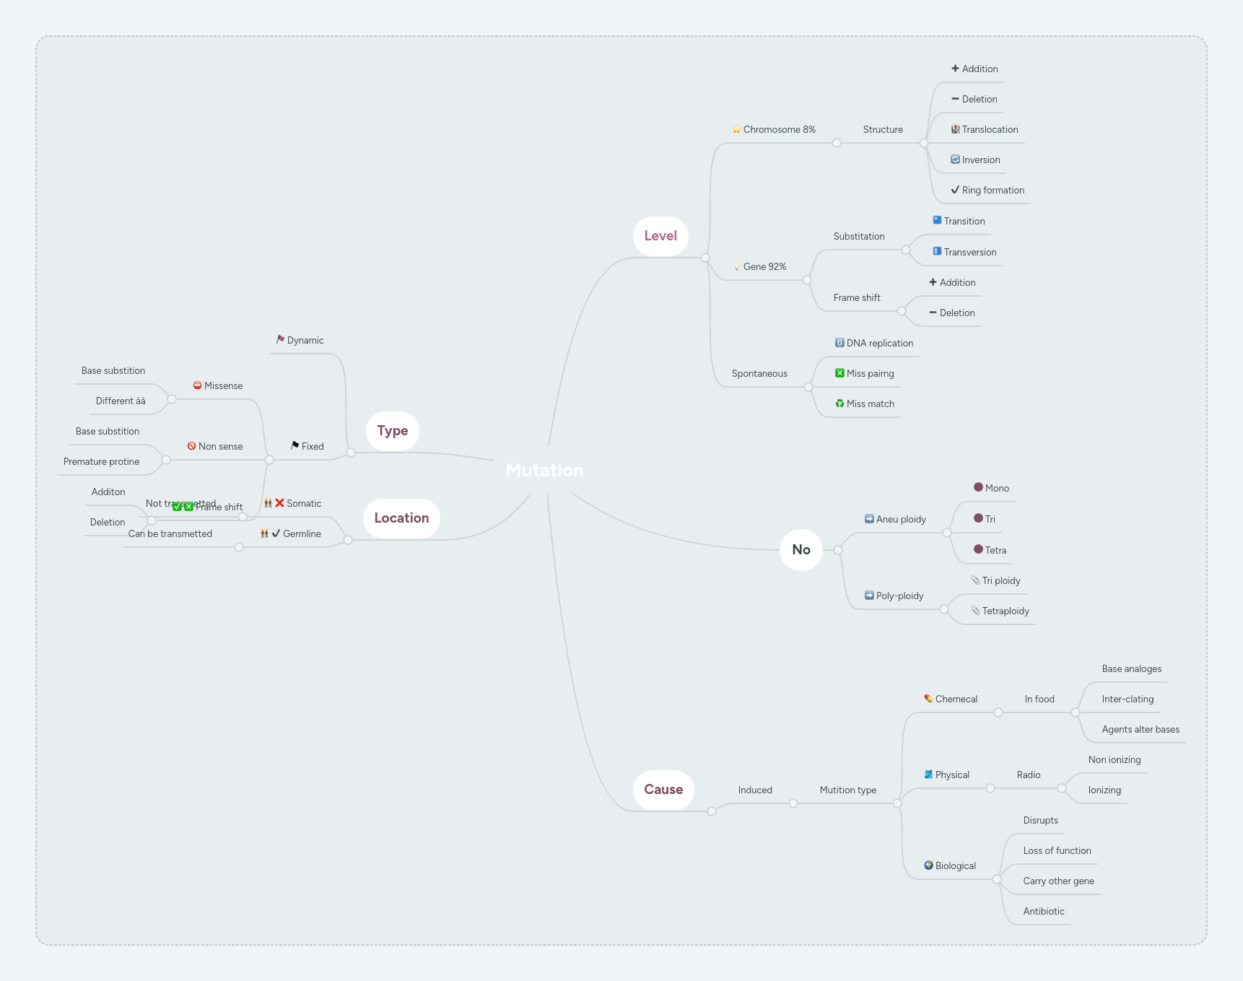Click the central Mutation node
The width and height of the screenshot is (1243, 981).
[x=544, y=471]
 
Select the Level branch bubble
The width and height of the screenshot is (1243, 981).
[x=660, y=236]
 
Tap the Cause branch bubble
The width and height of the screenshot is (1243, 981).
[x=663, y=790]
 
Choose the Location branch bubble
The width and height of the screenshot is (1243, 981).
[x=401, y=518]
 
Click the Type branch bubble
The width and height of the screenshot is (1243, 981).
[x=393, y=431]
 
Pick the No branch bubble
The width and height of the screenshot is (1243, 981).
[x=801, y=550]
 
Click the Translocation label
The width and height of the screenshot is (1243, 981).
[x=990, y=130]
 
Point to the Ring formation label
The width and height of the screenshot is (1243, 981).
[x=993, y=191]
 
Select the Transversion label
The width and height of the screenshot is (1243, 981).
[x=969, y=253]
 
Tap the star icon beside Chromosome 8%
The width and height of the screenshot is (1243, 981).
[x=736, y=130]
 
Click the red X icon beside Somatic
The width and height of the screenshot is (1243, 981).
[x=279, y=503]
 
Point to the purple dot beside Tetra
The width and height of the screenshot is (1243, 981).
[x=978, y=549]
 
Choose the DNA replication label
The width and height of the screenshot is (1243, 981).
[x=879, y=344]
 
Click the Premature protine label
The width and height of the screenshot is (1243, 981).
[x=102, y=462]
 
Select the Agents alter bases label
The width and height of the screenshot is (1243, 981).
[x=1140, y=730]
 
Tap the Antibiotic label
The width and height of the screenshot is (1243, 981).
[x=1044, y=912]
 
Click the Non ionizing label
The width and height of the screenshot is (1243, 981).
[x=1115, y=760]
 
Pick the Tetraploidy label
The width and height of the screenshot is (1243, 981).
[x=1006, y=611]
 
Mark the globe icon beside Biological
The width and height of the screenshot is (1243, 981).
[x=928, y=866]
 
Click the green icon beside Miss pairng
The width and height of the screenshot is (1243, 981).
[x=839, y=373]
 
